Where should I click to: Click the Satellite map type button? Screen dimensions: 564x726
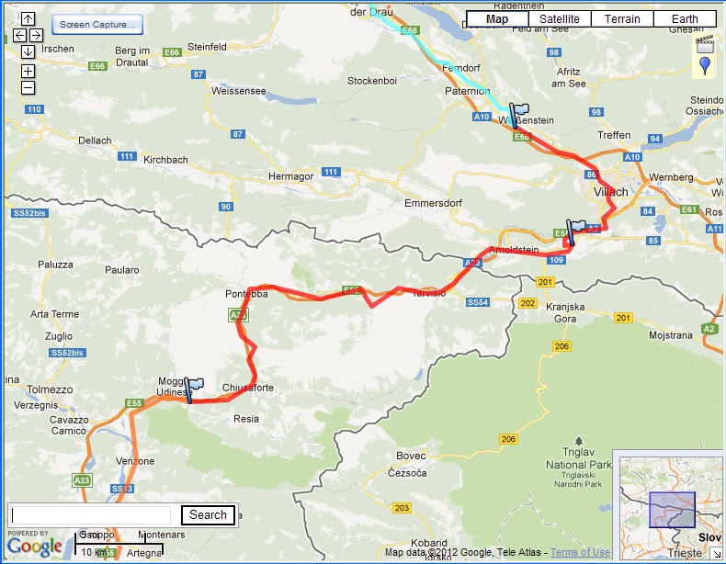[560, 18]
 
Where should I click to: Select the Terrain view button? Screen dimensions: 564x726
[622, 18]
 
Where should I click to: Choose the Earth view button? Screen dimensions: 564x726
[685, 18]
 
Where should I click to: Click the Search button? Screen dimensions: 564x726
[208, 515]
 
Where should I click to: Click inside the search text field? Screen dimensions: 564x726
[91, 515]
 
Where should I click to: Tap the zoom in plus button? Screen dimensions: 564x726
[28, 71]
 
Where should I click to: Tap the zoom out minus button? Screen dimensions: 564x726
[28, 87]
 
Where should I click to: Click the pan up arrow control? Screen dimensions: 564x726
[28, 18]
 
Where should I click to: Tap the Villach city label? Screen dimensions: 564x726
[611, 192]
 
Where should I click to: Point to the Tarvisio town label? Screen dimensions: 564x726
[427, 293]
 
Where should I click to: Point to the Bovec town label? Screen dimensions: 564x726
[411, 456]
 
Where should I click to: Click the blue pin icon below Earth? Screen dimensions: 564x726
[705, 65]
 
